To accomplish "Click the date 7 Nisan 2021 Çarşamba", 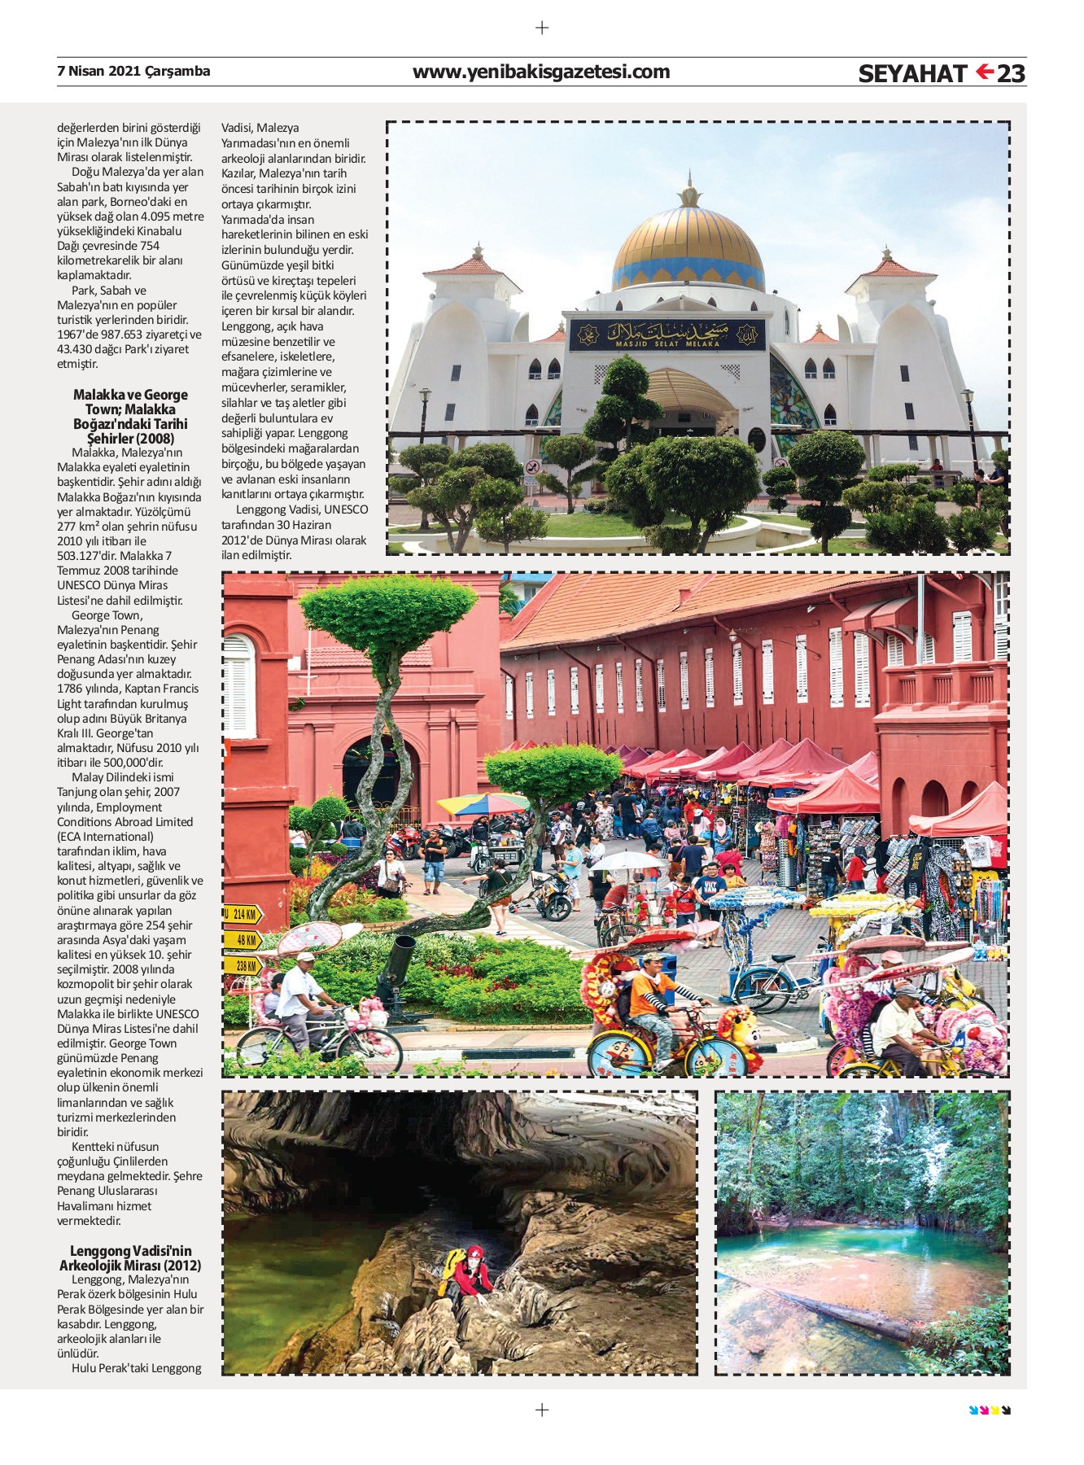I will (133, 71).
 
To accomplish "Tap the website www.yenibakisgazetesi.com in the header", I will (541, 72).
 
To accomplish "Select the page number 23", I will (1011, 73).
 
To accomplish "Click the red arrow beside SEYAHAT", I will (985, 72).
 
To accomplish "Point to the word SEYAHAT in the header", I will (912, 74).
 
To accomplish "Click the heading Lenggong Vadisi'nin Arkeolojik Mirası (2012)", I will (130, 1257).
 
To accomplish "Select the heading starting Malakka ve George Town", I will (130, 417).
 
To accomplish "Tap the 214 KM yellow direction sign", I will (243, 914).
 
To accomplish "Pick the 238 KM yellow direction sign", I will (243, 966).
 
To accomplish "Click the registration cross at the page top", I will (542, 28).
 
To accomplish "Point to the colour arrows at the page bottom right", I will (990, 1410).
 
